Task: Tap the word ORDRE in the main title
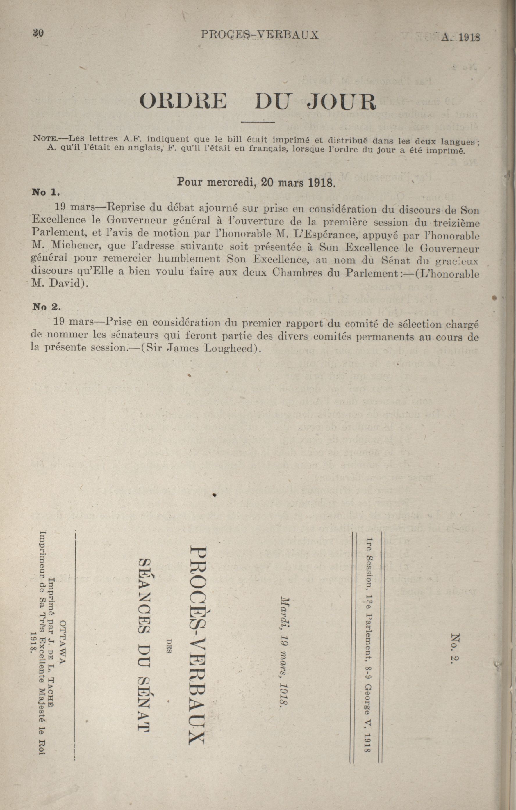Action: (x=183, y=101)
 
